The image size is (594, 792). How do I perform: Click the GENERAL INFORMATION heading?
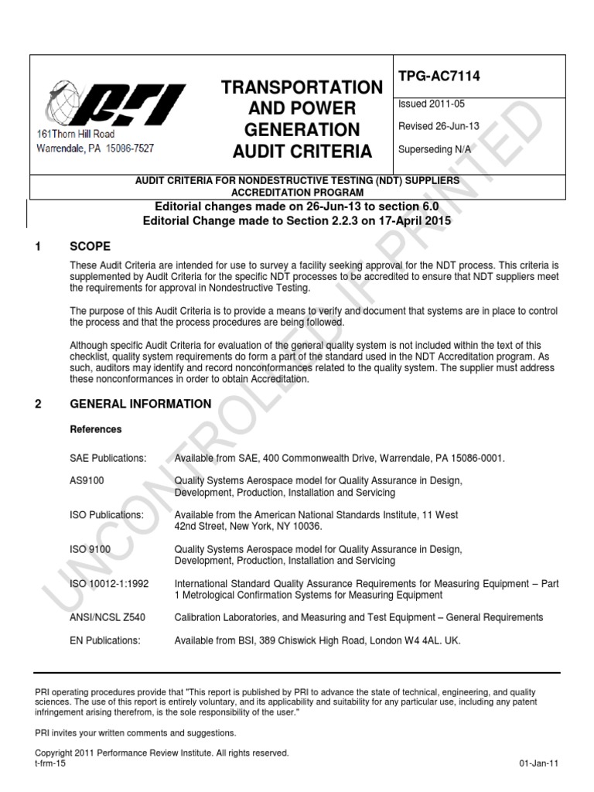pyautogui.click(x=140, y=404)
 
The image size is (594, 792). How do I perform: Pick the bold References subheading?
pyautogui.click(x=96, y=429)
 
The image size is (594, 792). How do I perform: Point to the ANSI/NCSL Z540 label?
pyautogui.click(x=105, y=617)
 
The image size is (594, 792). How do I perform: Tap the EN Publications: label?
pyautogui.click(x=105, y=640)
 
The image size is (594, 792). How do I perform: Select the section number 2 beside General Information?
pyautogui.click(x=38, y=404)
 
